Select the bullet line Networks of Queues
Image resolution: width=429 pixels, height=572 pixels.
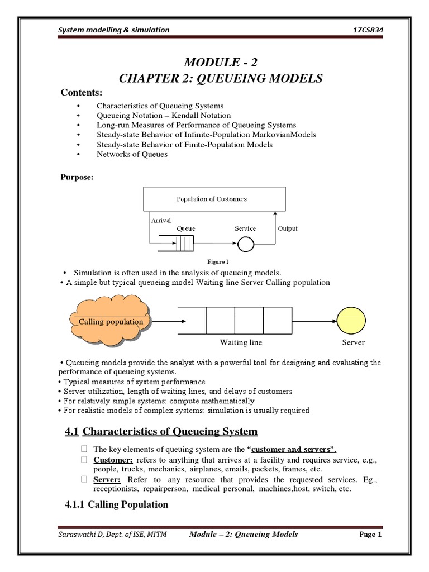[132, 154]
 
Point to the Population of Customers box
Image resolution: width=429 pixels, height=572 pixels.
[215, 199]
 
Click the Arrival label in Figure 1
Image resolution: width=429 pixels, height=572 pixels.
[161, 220]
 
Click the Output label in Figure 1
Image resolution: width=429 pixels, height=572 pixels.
[288, 228]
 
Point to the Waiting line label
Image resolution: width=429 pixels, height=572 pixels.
[241, 342]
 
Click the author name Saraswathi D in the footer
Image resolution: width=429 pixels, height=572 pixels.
[81, 535]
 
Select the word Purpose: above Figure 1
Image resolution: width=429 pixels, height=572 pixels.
[75, 178]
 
